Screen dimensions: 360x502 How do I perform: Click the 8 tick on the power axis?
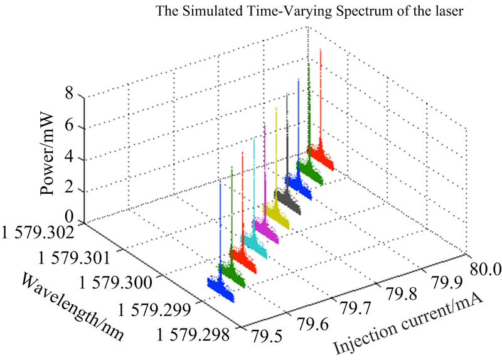(x=69, y=96)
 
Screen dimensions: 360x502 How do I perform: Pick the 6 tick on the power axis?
(x=69, y=127)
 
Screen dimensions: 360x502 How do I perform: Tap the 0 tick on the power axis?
(x=69, y=219)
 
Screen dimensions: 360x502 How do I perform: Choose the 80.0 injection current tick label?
(x=484, y=270)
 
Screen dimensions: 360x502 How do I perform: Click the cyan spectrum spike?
(x=254, y=188)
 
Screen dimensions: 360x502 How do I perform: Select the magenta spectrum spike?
(x=265, y=176)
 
